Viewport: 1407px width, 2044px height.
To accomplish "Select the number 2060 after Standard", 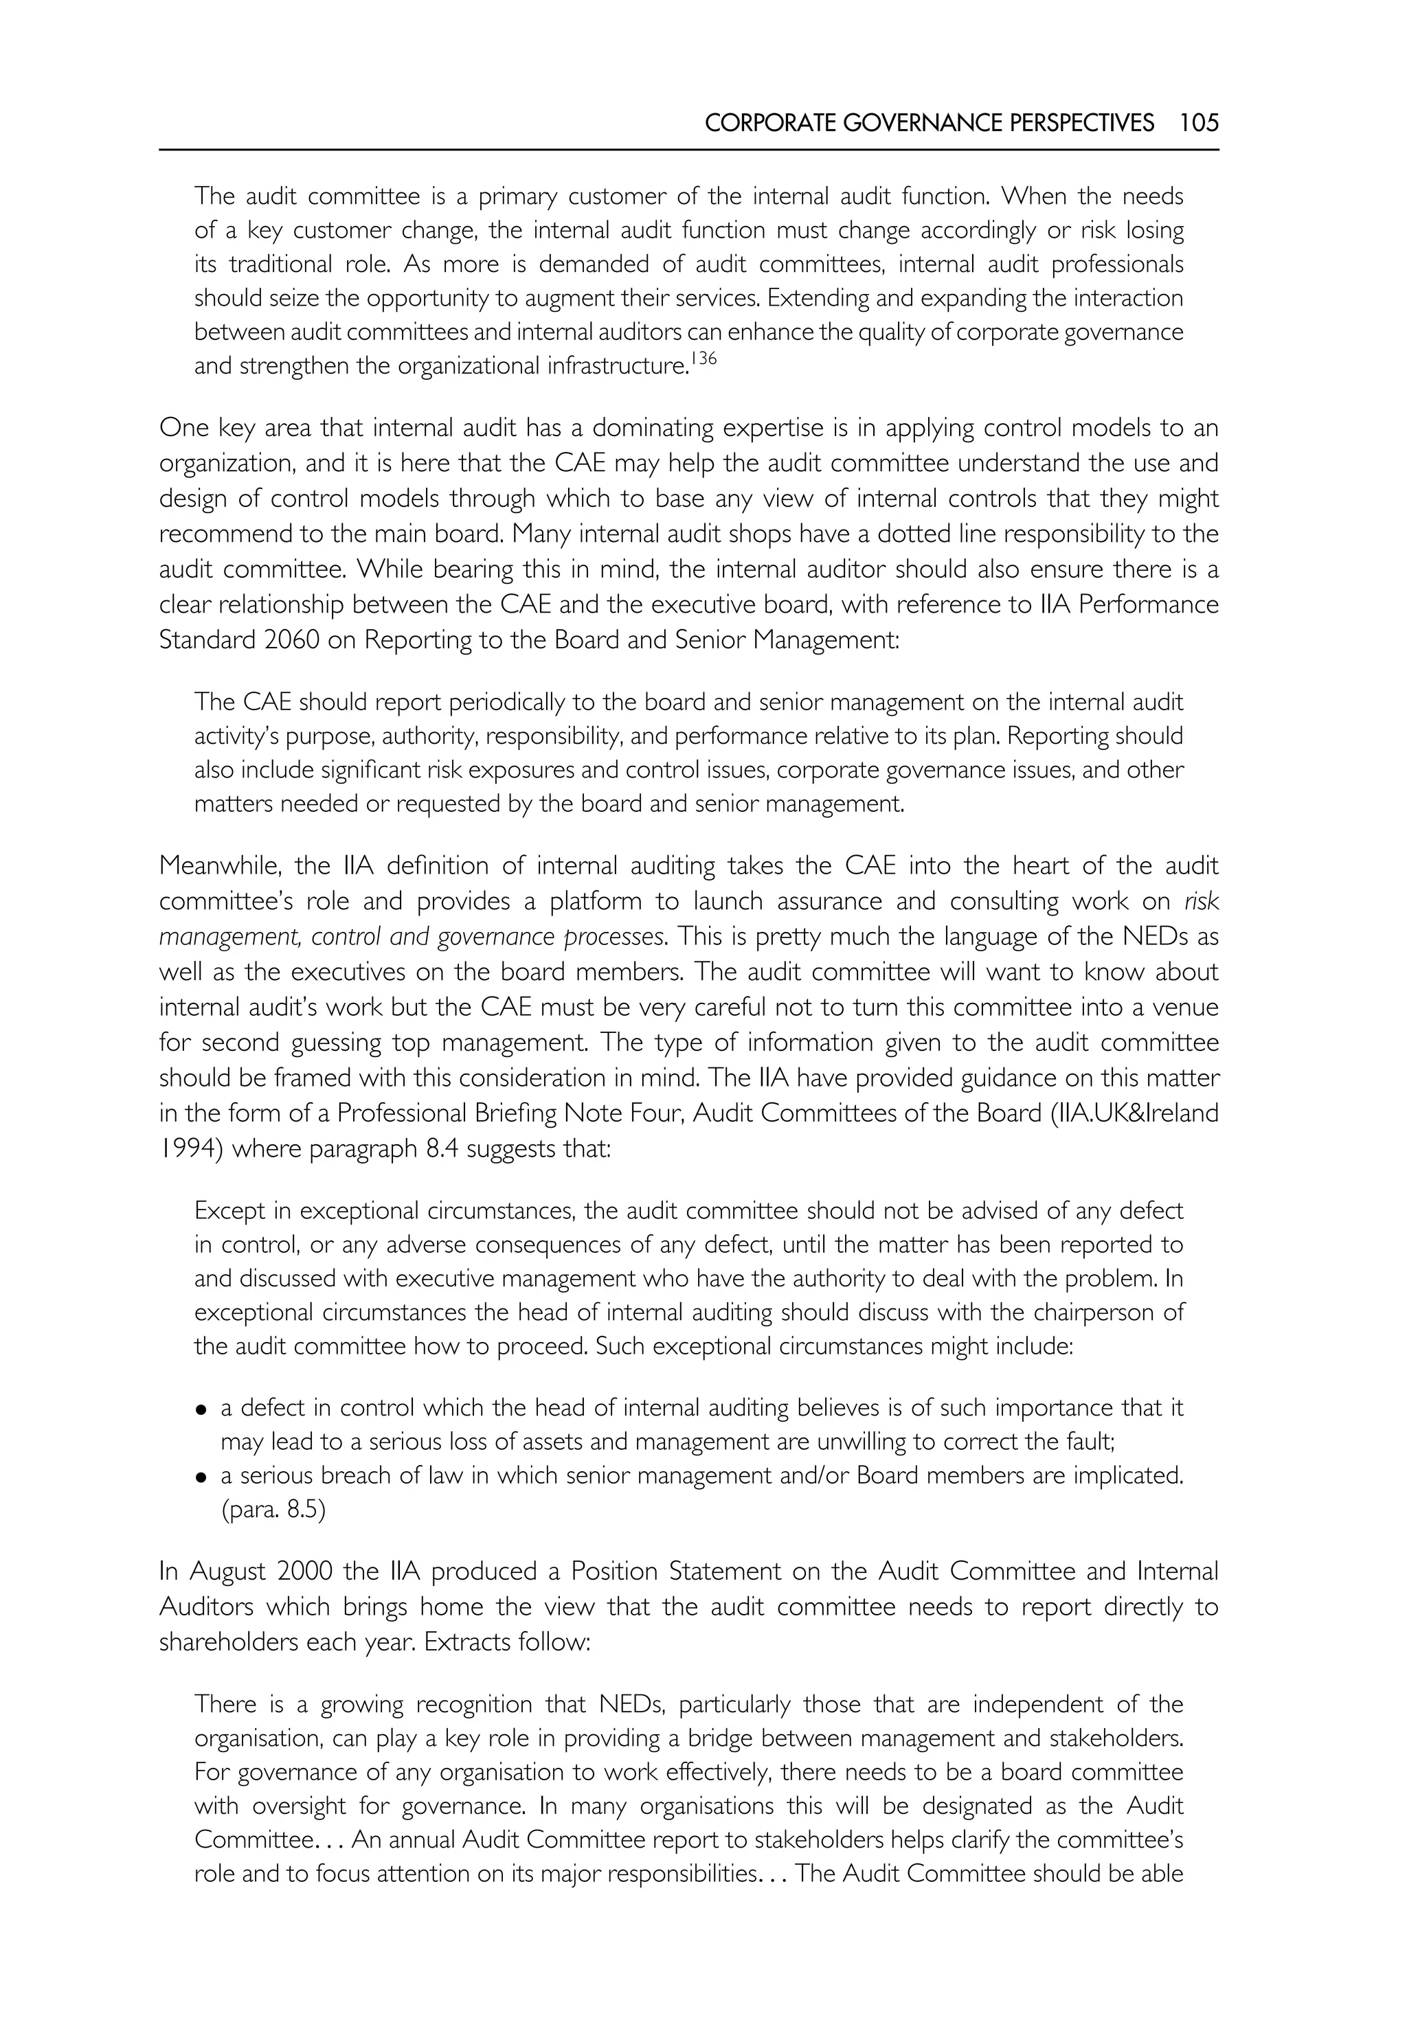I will point(291,640).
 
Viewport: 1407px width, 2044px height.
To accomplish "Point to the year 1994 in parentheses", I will point(188,1148).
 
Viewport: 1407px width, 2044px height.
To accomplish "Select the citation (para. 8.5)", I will point(273,1510).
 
